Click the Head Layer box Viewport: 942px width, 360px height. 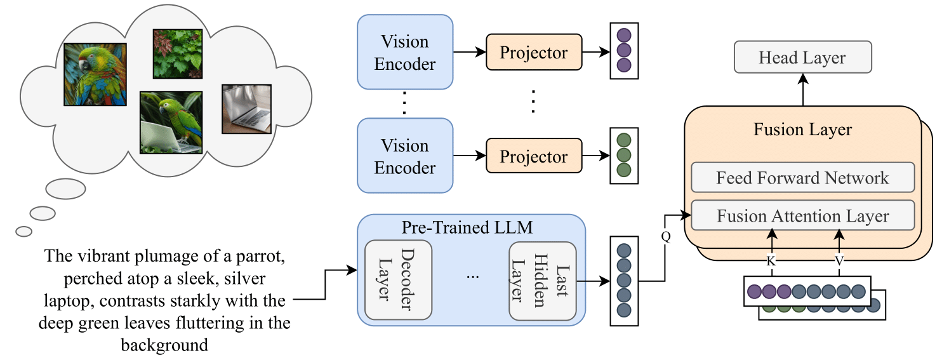click(x=802, y=58)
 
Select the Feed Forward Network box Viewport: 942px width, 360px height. click(x=802, y=178)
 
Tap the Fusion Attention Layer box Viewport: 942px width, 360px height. click(x=802, y=216)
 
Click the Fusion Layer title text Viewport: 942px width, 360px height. click(x=802, y=130)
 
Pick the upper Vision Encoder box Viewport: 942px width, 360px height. click(x=405, y=53)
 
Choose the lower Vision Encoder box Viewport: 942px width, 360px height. click(x=405, y=156)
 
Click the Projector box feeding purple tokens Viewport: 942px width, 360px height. click(x=533, y=53)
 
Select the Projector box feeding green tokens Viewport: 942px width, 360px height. click(x=533, y=156)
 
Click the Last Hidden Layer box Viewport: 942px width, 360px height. click(x=543, y=279)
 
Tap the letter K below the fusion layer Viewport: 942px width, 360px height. click(x=772, y=260)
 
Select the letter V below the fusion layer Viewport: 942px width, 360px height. click(x=839, y=260)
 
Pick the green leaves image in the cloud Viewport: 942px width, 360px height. click(x=177, y=53)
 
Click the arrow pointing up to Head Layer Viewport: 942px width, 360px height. click(x=802, y=89)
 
